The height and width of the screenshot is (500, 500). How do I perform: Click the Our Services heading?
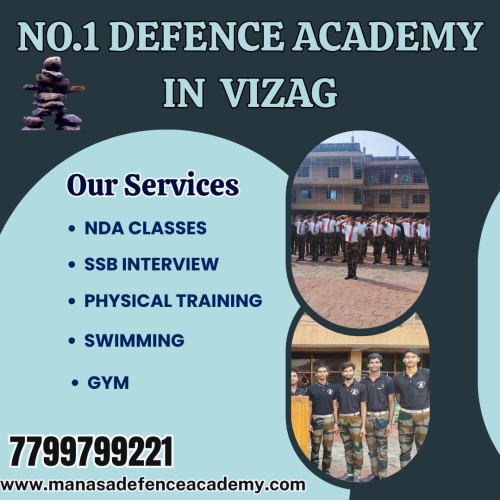(152, 186)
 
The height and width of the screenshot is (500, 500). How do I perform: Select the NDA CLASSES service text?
(145, 228)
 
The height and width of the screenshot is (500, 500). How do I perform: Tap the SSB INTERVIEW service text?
(151, 264)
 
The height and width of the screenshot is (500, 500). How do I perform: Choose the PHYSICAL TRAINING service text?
(173, 300)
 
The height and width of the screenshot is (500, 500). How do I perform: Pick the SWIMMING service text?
(134, 340)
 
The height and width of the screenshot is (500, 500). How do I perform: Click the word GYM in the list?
(108, 382)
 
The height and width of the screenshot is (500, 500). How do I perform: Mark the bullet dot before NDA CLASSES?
(71, 229)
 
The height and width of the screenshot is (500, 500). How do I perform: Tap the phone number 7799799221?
(92, 452)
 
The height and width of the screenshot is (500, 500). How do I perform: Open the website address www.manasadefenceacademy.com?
(154, 485)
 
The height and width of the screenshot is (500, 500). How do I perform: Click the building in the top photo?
(355, 180)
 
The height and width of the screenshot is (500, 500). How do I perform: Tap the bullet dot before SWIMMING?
(71, 341)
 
